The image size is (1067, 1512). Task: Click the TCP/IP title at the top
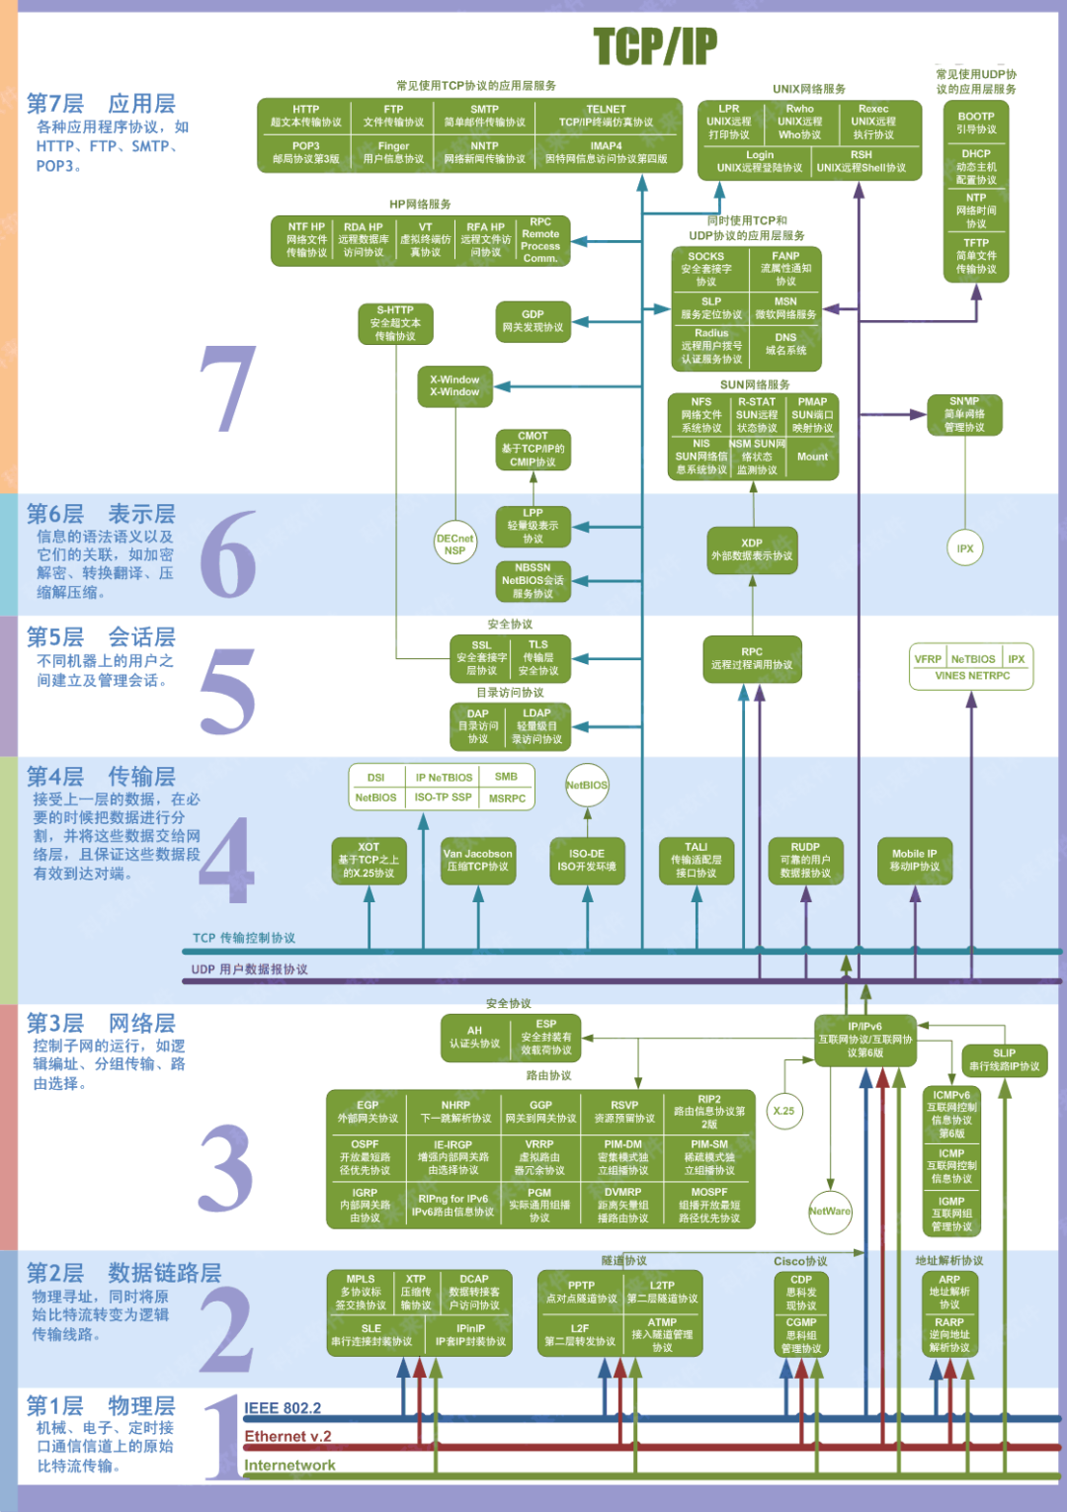tap(655, 46)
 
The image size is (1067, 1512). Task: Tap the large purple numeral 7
tap(228, 389)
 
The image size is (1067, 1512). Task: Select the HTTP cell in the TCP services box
tap(305, 116)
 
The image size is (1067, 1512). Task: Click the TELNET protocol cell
tap(606, 116)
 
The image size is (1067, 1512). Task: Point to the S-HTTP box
tap(395, 323)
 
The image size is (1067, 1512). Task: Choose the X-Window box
tap(454, 385)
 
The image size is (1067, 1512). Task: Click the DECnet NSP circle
tap(454, 545)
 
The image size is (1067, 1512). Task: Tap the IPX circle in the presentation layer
tap(965, 548)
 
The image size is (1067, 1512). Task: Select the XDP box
tap(752, 549)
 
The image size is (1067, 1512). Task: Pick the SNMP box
tap(964, 414)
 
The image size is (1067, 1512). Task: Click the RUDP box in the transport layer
tap(805, 860)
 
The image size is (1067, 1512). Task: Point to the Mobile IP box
tap(915, 860)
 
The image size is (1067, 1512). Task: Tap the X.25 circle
tap(783, 1111)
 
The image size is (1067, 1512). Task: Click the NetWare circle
tap(829, 1212)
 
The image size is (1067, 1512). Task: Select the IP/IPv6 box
tap(865, 1040)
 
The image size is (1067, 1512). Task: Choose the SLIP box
tap(1004, 1060)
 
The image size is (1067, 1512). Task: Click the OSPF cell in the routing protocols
tap(365, 1157)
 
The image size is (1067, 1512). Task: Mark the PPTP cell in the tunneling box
tap(581, 1292)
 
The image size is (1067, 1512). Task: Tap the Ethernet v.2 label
tap(287, 1437)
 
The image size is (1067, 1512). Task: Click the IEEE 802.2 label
tap(283, 1408)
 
